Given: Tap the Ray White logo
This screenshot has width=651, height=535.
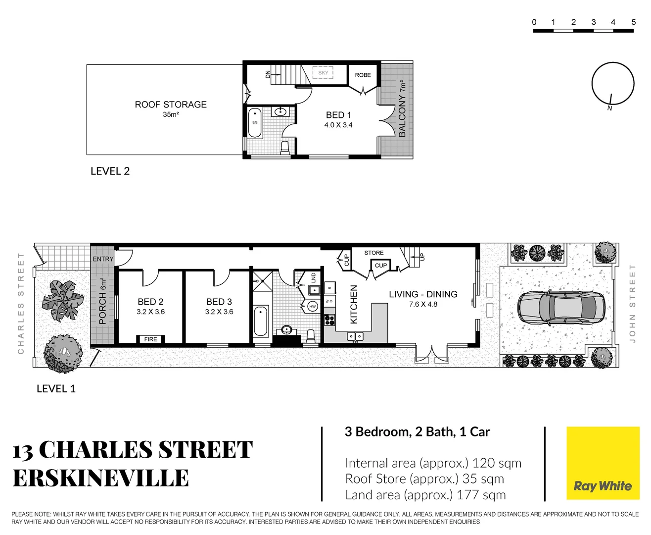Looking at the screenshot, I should [603, 485].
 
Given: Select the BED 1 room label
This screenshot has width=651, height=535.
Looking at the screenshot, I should [338, 115].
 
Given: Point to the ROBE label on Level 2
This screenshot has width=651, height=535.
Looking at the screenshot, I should [363, 75].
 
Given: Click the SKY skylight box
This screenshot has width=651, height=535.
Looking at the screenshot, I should [323, 73].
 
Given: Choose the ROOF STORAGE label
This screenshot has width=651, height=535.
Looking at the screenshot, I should [171, 105].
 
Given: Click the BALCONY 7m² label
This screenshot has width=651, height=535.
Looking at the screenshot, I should [402, 109].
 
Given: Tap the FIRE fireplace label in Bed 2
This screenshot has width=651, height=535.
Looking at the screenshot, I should [150, 339].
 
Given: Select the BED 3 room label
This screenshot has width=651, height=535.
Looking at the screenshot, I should [219, 302].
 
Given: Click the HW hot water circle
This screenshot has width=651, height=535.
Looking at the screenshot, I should [312, 307].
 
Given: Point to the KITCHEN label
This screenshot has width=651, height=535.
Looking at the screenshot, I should [354, 304].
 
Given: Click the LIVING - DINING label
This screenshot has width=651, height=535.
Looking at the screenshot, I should [423, 294].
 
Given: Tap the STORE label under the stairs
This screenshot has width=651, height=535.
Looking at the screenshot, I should [373, 253].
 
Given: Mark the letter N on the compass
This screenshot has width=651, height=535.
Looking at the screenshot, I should [609, 108].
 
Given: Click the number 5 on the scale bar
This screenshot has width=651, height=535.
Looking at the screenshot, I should [633, 22].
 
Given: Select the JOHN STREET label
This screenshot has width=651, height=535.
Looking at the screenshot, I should [632, 303].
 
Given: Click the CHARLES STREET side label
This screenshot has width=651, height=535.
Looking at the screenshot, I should [21, 303].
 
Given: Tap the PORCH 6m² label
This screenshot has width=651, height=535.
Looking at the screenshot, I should [103, 301].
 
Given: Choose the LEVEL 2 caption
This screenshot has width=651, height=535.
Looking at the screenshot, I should [110, 171].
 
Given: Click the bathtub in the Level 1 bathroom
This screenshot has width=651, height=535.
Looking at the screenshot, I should [261, 321].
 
